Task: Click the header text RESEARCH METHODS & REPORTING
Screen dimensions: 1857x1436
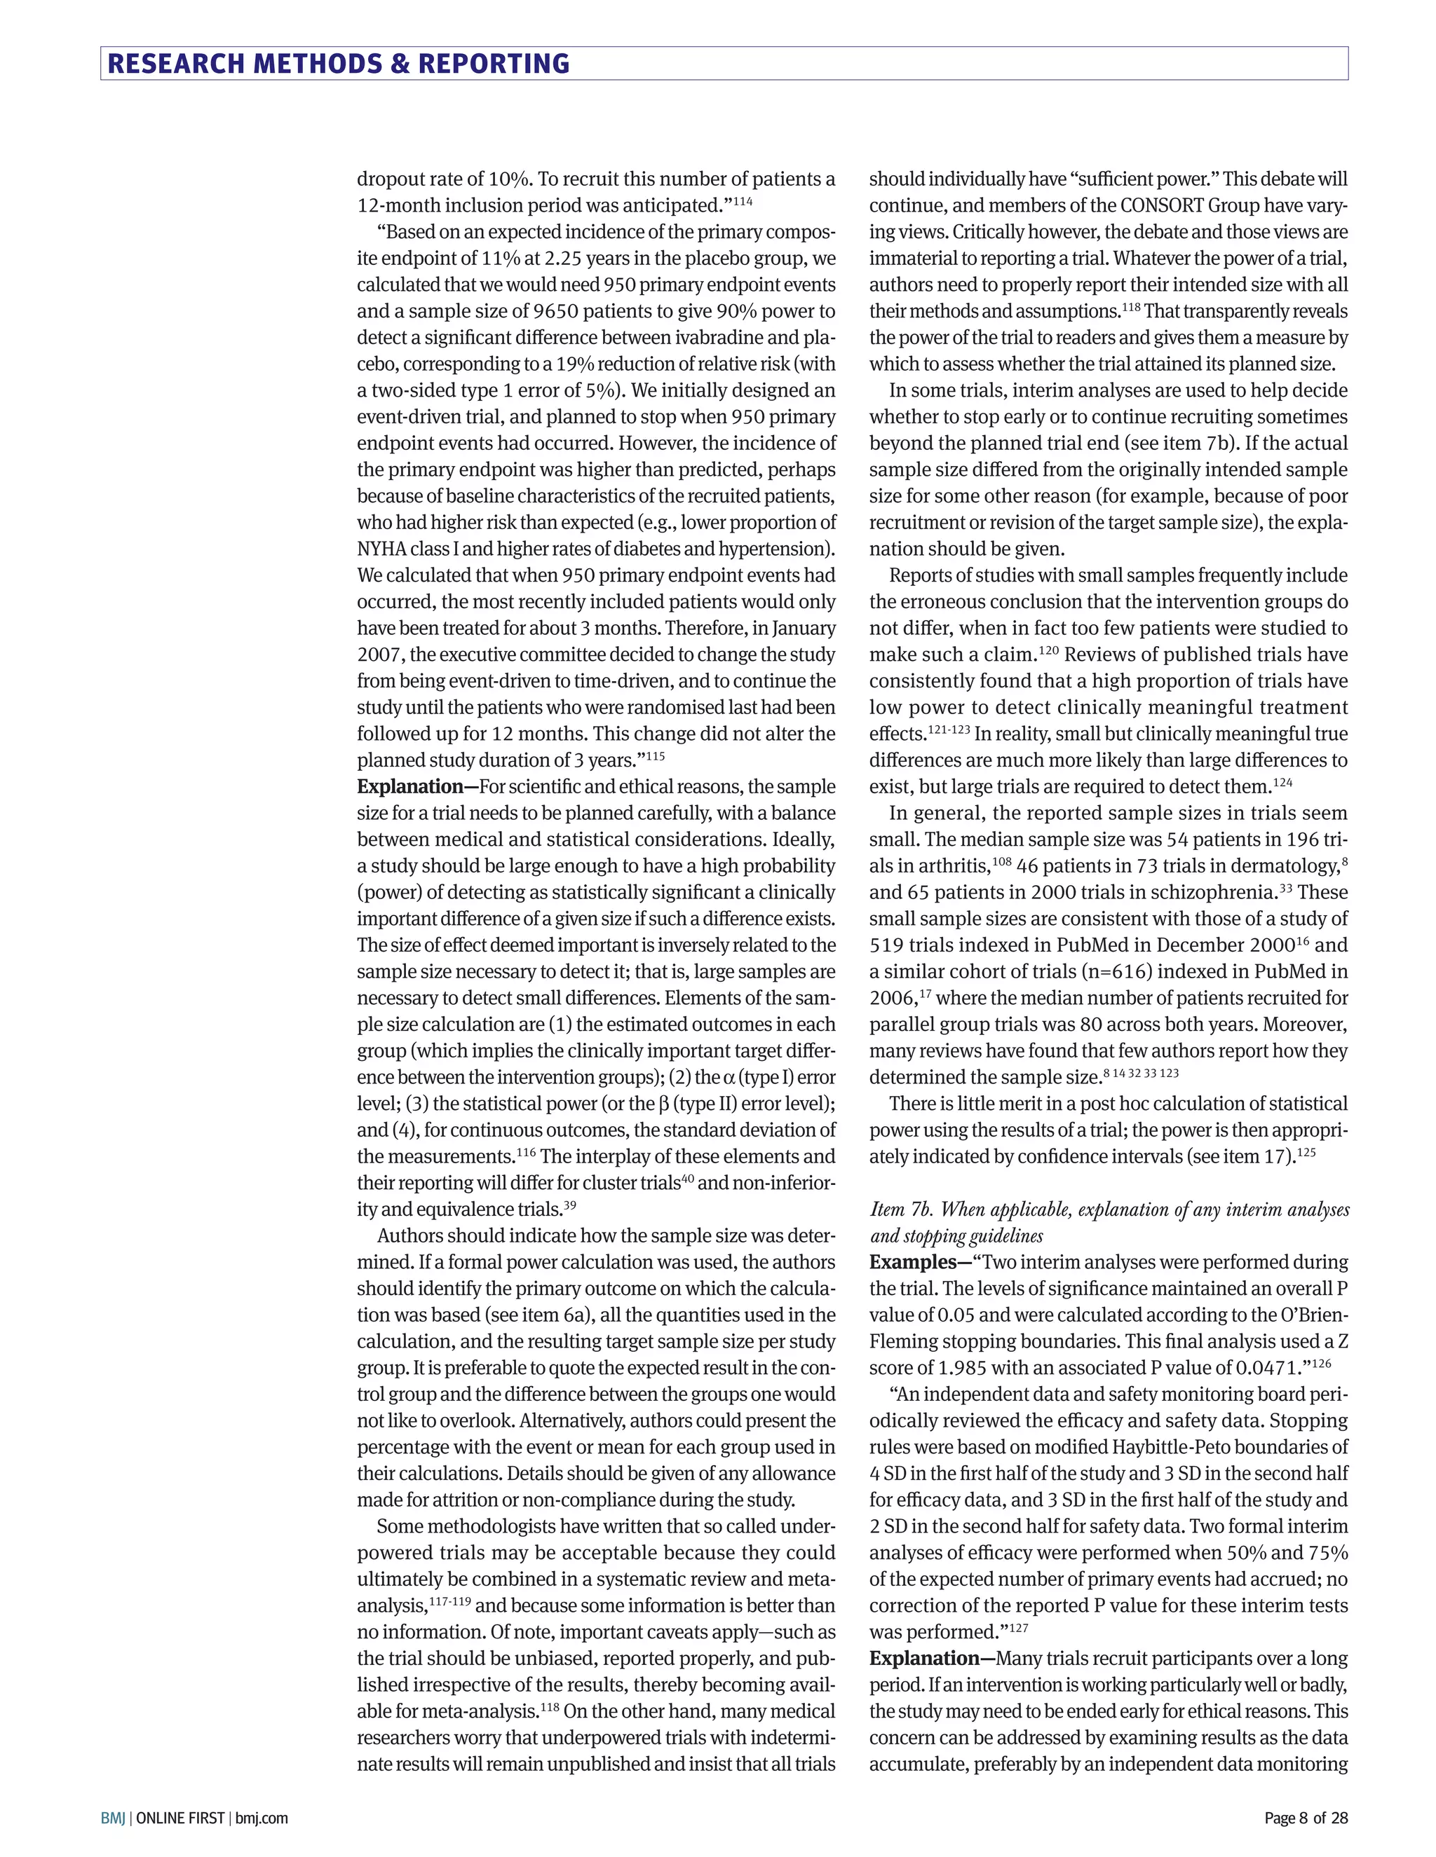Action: coord(338,64)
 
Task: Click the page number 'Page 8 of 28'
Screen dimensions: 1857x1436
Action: coord(1306,1818)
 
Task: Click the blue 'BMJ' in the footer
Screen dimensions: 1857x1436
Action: coord(112,1818)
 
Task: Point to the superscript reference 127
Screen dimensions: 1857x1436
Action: coord(1018,1627)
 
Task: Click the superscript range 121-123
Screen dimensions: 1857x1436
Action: coord(949,729)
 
